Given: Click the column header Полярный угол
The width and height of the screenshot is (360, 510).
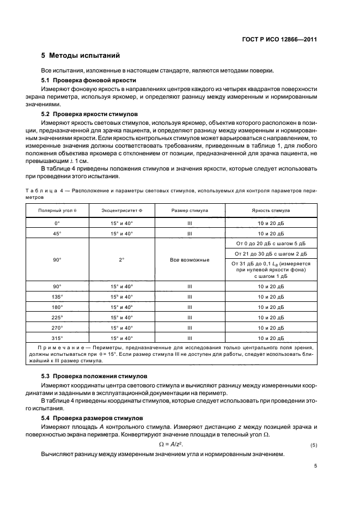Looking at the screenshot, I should [x=57, y=210].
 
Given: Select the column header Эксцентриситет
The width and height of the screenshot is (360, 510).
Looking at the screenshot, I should [x=120, y=210].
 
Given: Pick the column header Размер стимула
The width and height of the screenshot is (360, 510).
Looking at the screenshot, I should [x=190, y=210].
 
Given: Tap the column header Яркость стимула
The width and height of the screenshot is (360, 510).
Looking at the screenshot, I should [x=270, y=210].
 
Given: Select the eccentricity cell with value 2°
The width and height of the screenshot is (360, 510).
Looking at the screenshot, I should [x=121, y=260].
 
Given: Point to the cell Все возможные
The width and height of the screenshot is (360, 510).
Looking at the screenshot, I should [x=190, y=260].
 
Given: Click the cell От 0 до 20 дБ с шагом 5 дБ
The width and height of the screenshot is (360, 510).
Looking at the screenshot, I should [x=270, y=243].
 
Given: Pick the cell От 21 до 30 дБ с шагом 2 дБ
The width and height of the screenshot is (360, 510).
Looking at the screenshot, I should [x=270, y=253].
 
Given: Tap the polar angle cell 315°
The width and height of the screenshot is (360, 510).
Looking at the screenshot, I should [x=57, y=338].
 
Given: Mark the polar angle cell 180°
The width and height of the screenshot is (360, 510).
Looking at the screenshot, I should [x=57, y=307].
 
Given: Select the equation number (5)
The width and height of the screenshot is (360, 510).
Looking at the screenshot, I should [x=313, y=445].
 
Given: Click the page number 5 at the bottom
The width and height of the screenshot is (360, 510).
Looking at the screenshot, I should [x=315, y=466].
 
